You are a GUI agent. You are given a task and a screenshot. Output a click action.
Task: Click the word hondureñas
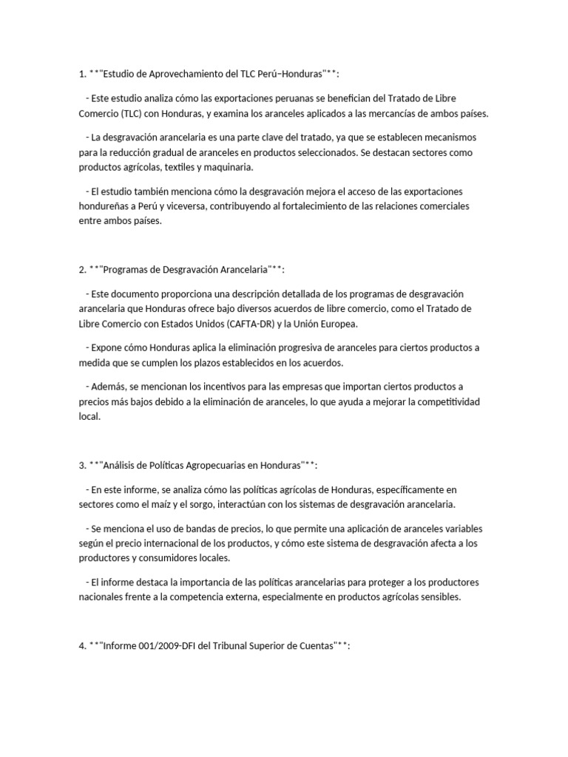coord(108,206)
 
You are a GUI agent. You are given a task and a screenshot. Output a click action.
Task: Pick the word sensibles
coord(438,597)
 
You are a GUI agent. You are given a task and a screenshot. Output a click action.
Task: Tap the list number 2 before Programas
coord(81,270)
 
